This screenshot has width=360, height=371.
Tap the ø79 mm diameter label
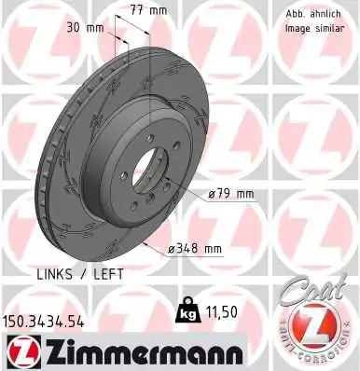pyautogui.click(x=231, y=194)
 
